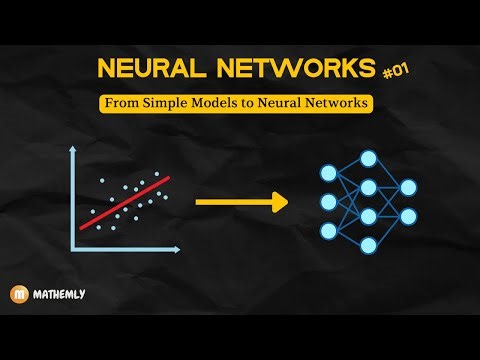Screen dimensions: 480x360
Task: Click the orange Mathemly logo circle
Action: point(19,296)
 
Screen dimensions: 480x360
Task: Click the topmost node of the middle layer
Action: point(369,157)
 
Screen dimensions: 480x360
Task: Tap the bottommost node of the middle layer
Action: point(369,246)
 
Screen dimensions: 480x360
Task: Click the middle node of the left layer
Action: point(329,202)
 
